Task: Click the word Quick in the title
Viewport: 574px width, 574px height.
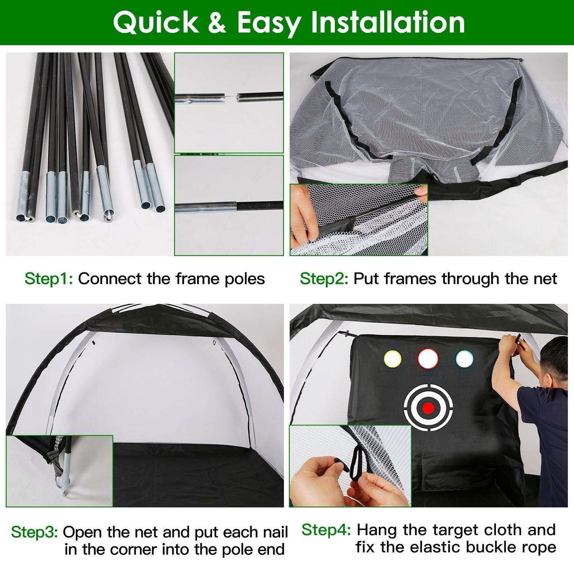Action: [x=156, y=23]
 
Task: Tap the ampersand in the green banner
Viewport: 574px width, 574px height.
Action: [x=218, y=23]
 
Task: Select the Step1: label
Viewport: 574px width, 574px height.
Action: [x=49, y=279]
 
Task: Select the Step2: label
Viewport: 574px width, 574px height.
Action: [x=324, y=279]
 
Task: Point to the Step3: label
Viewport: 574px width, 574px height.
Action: [x=34, y=532]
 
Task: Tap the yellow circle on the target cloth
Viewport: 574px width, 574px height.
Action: [x=392, y=359]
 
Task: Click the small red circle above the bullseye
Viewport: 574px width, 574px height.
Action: [x=428, y=358]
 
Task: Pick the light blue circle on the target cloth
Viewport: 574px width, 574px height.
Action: [x=465, y=358]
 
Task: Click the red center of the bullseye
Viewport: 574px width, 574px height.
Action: [x=429, y=408]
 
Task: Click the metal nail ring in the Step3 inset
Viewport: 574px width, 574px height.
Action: [x=57, y=482]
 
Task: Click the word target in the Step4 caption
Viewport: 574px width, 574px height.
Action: [x=456, y=530]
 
